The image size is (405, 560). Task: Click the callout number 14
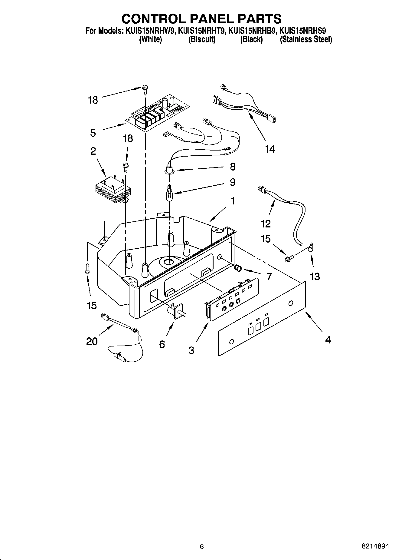click(x=270, y=149)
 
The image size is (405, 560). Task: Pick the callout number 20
click(x=92, y=342)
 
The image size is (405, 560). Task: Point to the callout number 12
click(x=265, y=224)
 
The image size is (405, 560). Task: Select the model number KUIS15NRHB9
click(x=251, y=31)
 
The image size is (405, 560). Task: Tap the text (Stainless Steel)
click(x=306, y=39)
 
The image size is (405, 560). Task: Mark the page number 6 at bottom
click(x=202, y=546)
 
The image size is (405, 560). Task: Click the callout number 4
click(x=328, y=340)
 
